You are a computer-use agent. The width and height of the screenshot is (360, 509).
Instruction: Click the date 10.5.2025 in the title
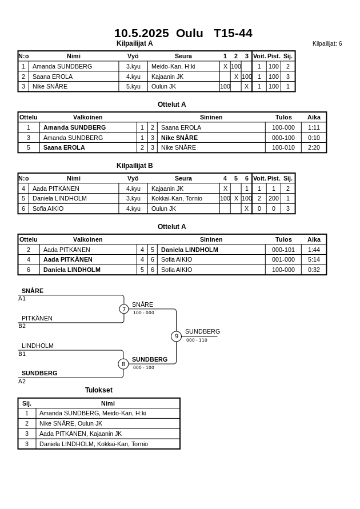141,33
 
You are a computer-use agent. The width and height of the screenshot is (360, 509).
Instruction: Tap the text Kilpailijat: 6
327,44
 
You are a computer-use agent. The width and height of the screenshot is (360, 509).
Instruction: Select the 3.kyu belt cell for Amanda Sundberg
133,66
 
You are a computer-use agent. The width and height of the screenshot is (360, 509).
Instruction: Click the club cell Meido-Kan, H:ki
173,66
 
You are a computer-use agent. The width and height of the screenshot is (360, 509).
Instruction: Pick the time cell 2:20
314,147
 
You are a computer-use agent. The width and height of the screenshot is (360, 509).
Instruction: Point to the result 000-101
283,250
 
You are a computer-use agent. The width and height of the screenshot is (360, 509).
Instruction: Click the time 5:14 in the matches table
314,259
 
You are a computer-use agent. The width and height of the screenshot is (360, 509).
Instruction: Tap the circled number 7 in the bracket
124,309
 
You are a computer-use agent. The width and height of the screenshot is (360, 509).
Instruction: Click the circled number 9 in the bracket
176,336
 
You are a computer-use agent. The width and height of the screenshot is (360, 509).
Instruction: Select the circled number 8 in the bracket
123,364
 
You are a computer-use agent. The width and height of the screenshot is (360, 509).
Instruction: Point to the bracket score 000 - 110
197,340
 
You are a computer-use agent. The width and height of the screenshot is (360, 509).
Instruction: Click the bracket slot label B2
22,326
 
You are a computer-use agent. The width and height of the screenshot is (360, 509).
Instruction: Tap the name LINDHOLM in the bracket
38,346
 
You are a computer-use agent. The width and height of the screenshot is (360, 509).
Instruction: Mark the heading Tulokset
99,390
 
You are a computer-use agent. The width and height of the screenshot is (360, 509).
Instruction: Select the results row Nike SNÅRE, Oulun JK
71,423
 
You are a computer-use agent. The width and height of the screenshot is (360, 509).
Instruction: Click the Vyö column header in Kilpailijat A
133,56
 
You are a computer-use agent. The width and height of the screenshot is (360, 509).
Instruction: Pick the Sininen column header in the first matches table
211,117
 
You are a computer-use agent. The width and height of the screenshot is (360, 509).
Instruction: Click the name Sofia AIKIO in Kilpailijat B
48,209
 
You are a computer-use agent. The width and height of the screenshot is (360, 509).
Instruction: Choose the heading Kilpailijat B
135,166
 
